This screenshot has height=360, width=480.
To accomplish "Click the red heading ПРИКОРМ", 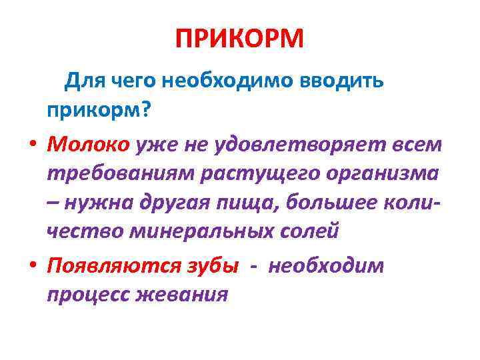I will (239, 39).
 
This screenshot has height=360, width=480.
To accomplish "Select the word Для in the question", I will (81, 81).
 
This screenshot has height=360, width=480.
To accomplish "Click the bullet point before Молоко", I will (31, 145).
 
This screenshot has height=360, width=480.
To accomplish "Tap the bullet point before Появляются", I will (31, 265).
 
